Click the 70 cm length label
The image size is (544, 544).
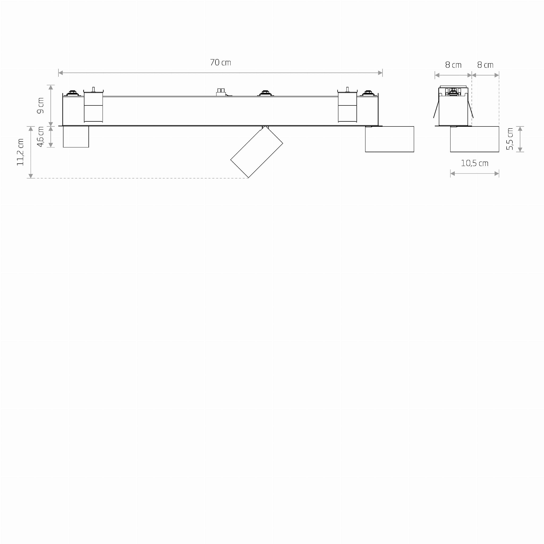pos(220,62)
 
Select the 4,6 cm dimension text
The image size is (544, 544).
pos(41,137)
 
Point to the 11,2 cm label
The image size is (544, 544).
pos(20,152)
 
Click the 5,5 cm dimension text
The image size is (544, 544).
pos(510,139)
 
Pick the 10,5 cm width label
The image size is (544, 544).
pos(474,163)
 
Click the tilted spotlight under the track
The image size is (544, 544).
pos(257,152)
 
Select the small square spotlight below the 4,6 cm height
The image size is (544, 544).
pos(76,137)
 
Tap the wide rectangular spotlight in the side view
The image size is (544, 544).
pos(474,139)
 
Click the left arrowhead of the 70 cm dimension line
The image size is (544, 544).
pos(61,73)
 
